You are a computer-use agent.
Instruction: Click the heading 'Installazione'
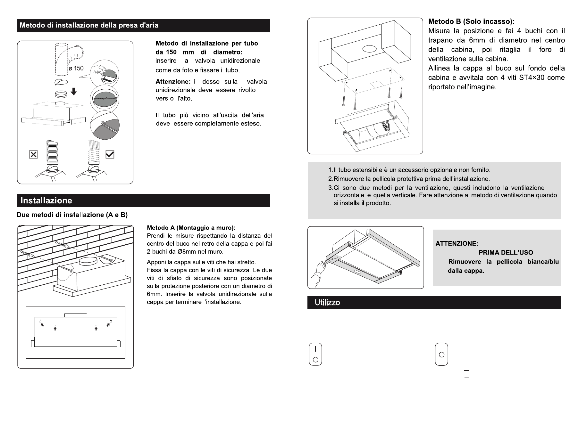tap(46, 201)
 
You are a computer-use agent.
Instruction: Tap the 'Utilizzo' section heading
tap(327, 303)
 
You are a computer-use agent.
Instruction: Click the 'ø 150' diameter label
tap(76, 68)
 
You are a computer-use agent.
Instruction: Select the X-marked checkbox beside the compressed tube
tap(33, 154)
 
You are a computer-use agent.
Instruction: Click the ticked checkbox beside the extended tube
tap(110, 154)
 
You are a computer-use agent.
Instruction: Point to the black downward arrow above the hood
tap(74, 92)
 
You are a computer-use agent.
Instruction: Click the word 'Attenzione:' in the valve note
tap(173, 82)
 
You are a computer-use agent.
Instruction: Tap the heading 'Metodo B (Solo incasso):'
tap(472, 21)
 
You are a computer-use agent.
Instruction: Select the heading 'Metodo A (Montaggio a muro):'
tap(191, 228)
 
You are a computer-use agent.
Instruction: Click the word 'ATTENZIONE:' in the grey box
tap(457, 244)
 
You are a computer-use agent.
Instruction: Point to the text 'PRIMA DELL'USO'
tap(506, 253)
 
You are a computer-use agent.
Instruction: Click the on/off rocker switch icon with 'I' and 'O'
tap(315, 354)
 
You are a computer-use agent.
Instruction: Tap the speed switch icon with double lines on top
tap(441, 354)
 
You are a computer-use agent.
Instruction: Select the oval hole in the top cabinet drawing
tap(369, 49)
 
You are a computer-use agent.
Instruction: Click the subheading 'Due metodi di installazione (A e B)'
tap(72, 215)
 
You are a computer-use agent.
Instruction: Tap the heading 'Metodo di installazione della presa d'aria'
tap(89, 25)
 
